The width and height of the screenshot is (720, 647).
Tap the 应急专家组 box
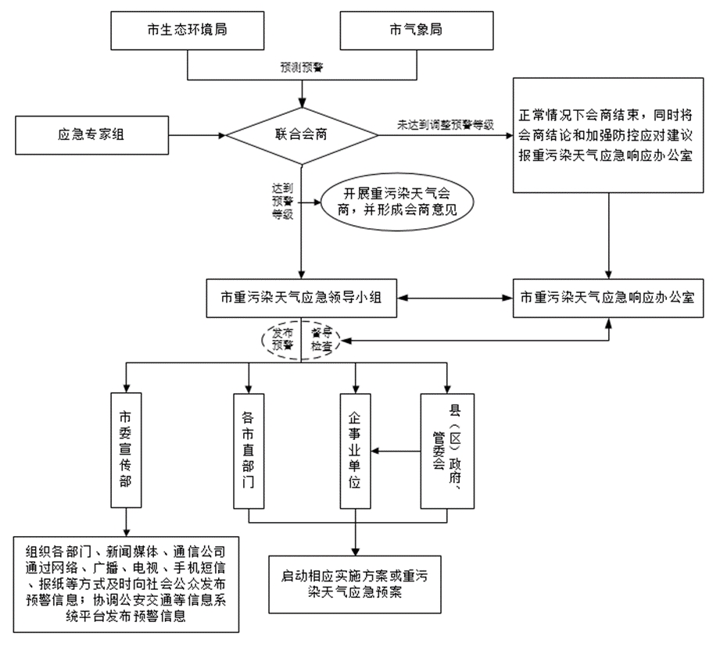coord(91,134)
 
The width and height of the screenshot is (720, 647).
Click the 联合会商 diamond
coord(301,134)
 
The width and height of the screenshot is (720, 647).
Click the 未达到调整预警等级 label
coord(446,125)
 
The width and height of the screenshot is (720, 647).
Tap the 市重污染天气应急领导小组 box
coord(301,298)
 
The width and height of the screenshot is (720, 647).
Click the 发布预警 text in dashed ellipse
coord(281,338)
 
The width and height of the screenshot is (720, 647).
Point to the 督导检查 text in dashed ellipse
coord(320,338)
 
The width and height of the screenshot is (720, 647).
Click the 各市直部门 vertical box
coord(248,451)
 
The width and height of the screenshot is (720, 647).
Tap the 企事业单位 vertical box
coord(356,451)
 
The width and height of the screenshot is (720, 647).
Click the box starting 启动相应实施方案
coord(356,584)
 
